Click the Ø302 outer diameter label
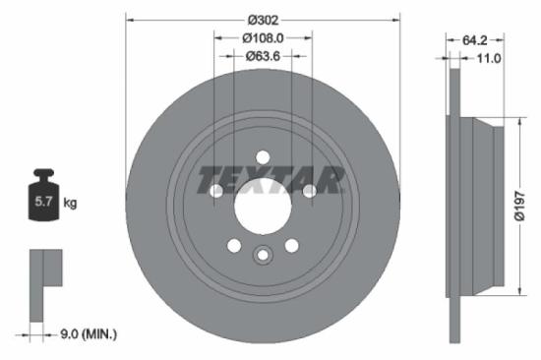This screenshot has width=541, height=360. [263, 18]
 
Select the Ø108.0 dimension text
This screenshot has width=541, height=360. [263, 37]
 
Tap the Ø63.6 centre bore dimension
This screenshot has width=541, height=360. [263, 56]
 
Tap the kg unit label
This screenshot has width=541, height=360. [70, 203]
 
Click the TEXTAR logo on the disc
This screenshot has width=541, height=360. [270, 180]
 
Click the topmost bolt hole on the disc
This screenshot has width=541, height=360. [263, 155]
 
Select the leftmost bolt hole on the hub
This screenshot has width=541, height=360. [216, 191]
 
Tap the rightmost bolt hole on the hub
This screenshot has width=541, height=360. [309, 191]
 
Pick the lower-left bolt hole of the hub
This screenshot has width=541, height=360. [234, 245]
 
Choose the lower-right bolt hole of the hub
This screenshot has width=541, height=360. [291, 245]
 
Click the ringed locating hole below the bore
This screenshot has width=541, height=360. [263, 257]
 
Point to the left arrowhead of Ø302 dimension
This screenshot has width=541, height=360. [129, 18]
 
